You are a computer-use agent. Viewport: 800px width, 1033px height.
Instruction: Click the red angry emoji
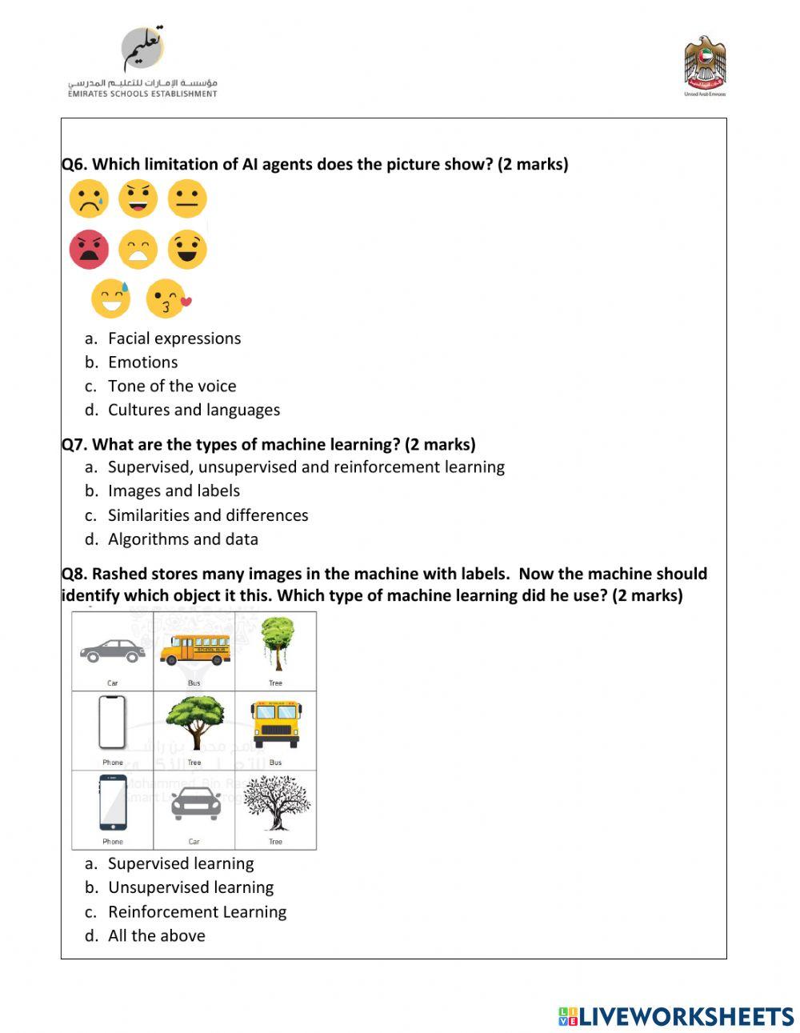(x=89, y=250)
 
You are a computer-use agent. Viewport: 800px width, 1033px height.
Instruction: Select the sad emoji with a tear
(x=89, y=199)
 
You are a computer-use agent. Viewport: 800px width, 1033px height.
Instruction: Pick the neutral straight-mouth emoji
(x=187, y=199)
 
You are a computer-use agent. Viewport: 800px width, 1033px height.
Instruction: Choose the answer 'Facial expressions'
(x=174, y=338)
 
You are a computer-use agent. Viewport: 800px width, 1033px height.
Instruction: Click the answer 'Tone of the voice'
(x=172, y=386)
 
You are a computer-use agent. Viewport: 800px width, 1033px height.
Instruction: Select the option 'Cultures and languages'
(x=194, y=410)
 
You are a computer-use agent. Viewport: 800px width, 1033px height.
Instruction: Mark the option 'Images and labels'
(x=174, y=490)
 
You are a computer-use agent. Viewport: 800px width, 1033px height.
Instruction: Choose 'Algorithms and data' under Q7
(x=182, y=539)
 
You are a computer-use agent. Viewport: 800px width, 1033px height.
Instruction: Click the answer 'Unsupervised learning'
(x=190, y=887)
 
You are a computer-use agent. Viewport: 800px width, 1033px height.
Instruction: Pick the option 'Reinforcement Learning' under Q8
(x=197, y=911)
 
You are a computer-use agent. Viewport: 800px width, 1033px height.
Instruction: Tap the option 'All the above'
(x=156, y=935)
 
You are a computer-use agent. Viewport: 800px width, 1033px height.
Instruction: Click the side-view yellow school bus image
(x=194, y=649)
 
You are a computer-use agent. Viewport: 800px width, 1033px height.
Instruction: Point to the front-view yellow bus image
(x=275, y=723)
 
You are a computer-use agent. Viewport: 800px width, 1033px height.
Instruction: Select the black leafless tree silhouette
(x=275, y=803)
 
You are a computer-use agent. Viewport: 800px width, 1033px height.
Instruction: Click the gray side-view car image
(x=113, y=651)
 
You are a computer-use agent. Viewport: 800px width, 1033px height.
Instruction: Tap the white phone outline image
(x=112, y=723)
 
